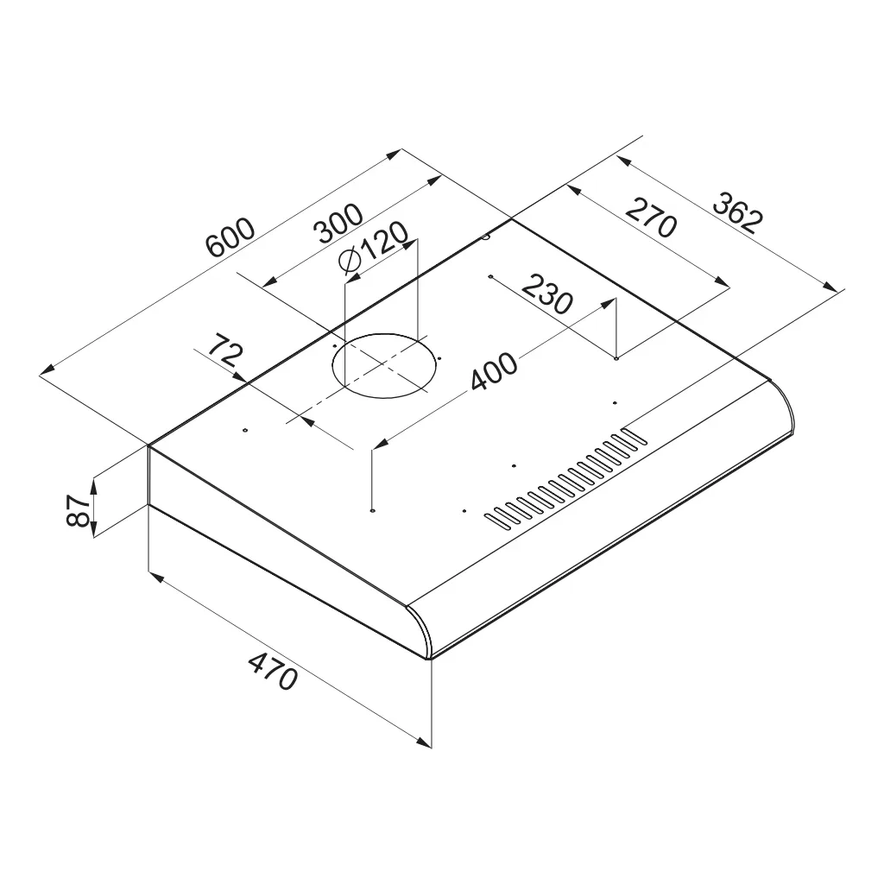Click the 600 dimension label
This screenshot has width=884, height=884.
click(230, 237)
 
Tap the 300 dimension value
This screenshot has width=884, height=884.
click(338, 224)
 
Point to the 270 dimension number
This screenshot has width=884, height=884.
click(651, 218)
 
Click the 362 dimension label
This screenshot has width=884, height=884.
click(738, 212)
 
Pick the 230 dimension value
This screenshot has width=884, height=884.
click(547, 294)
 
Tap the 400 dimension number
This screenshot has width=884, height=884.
click(494, 371)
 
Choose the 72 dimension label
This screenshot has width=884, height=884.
click(225, 350)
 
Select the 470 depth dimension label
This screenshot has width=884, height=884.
click(273, 671)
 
